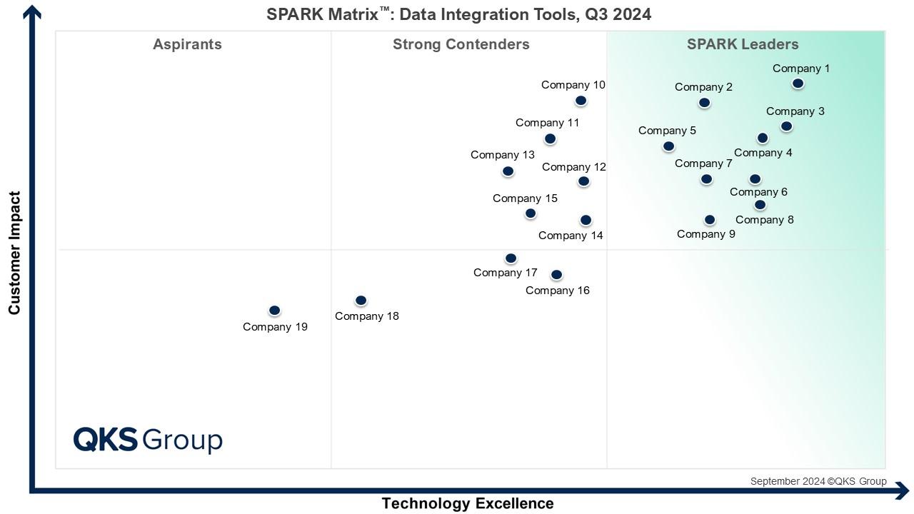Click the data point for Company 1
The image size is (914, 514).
point(798,84)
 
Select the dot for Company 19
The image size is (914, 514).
point(274,311)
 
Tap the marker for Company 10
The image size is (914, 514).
point(581,101)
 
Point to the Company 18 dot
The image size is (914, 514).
point(361,301)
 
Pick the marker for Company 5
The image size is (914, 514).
point(668,146)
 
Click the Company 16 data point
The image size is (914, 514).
point(557,275)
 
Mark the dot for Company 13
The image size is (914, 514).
point(508,171)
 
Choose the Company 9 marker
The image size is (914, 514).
point(709,220)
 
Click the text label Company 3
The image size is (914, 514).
point(795,111)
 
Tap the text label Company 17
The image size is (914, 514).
point(505,273)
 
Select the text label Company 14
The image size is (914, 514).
point(571,236)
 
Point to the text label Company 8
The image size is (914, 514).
point(764,220)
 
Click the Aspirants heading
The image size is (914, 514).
point(187,44)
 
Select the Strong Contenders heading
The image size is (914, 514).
point(461,44)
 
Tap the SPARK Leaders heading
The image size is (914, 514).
point(743,44)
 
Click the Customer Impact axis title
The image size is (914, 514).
point(14,253)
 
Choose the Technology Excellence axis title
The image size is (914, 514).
point(468,503)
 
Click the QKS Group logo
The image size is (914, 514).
point(148,440)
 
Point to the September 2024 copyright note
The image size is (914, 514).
point(818,481)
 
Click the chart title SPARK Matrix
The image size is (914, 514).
point(458,14)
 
